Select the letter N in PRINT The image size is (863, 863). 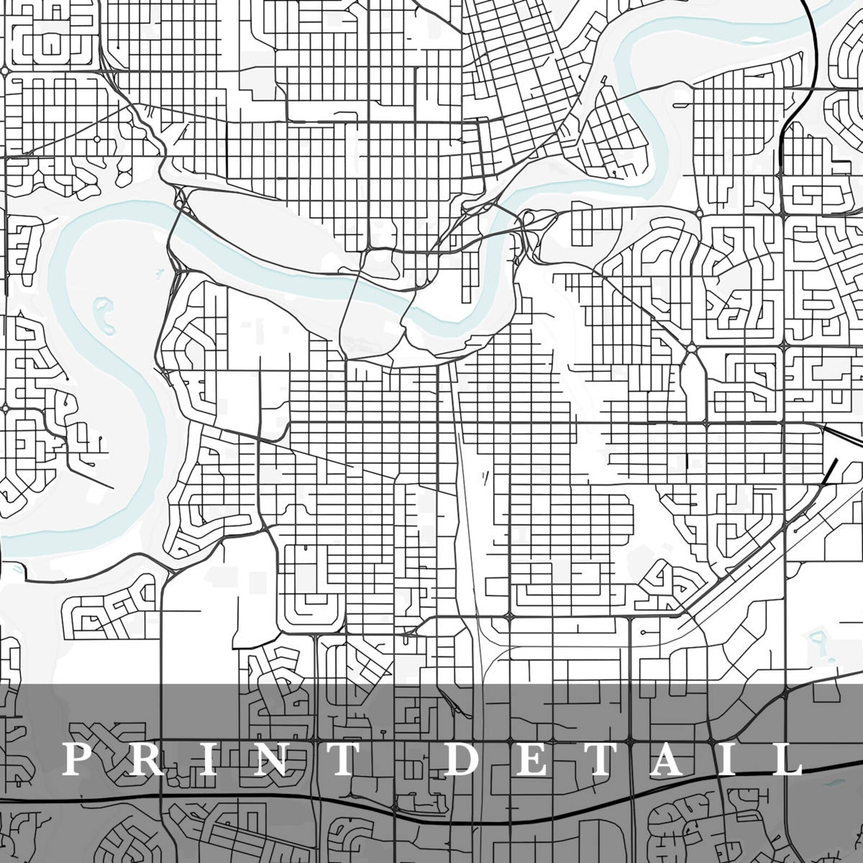click(268, 759)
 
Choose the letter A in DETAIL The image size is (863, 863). click(667, 759)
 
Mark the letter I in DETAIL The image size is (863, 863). click(730, 759)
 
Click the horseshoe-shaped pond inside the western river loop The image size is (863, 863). click(104, 315)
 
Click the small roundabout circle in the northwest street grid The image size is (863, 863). click(97, 140)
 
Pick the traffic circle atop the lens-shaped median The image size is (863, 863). click(691, 348)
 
